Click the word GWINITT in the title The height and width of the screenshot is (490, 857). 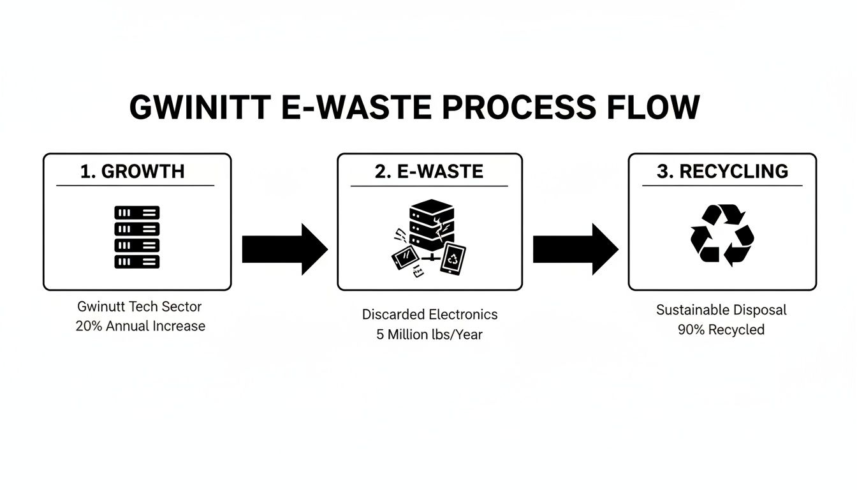[x=198, y=108]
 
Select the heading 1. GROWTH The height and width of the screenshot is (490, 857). [x=133, y=171]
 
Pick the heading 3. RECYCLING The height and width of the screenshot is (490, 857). [x=722, y=171]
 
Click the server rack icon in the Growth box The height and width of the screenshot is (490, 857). [x=137, y=237]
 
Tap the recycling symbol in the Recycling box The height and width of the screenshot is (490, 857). [x=722, y=234]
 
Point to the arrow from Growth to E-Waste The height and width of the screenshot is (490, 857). [x=284, y=249]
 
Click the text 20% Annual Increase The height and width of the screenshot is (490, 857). [x=140, y=326]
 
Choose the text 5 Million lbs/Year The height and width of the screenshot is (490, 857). [x=429, y=334]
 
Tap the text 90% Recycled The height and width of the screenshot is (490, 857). [x=721, y=330]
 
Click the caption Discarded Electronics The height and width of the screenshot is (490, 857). [x=430, y=315]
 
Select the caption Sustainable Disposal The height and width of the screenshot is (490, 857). [x=721, y=310]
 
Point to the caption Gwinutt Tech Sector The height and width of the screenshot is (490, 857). [x=139, y=306]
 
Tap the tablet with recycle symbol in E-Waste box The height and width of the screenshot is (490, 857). [x=453, y=259]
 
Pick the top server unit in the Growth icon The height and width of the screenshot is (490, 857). [x=137, y=212]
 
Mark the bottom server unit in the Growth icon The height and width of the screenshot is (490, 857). [x=137, y=261]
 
